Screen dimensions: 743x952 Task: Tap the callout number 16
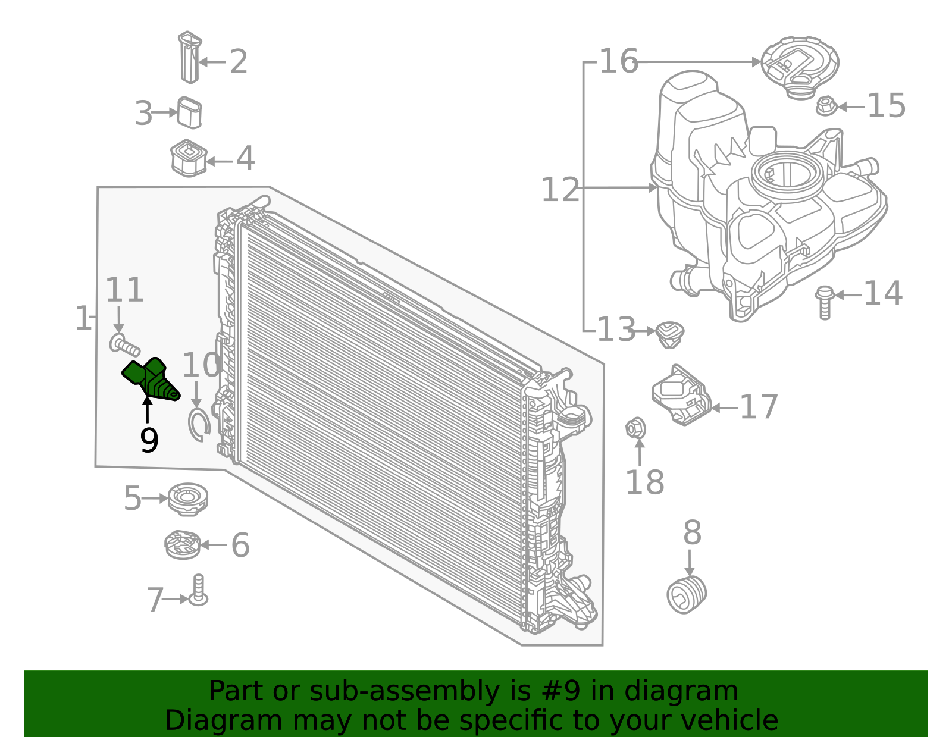618,61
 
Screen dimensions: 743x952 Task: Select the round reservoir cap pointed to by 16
799,65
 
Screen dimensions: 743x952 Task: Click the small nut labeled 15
826,106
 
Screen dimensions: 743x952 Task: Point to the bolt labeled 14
825,302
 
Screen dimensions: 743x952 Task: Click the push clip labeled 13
670,334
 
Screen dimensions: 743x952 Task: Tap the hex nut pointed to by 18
635,427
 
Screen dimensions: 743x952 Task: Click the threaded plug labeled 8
687,594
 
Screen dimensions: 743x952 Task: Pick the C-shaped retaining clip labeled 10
198,425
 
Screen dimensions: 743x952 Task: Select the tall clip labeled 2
190,57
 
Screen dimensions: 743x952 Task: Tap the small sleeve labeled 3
190,112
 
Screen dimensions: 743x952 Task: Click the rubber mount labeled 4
188,158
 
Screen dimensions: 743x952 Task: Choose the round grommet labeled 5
187,499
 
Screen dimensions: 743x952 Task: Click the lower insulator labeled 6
183,544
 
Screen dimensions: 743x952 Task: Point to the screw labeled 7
198,591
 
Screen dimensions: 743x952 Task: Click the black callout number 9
149,441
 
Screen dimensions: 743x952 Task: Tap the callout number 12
559,190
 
